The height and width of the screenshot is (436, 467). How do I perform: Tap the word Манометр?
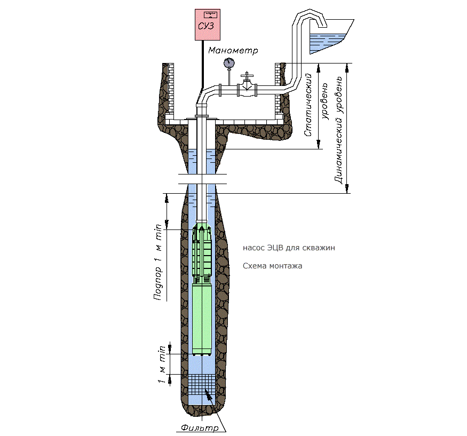[x=233, y=51]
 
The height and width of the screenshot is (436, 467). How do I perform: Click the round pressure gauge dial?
[x=229, y=64]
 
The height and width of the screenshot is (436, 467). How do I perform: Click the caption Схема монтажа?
[x=272, y=266]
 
